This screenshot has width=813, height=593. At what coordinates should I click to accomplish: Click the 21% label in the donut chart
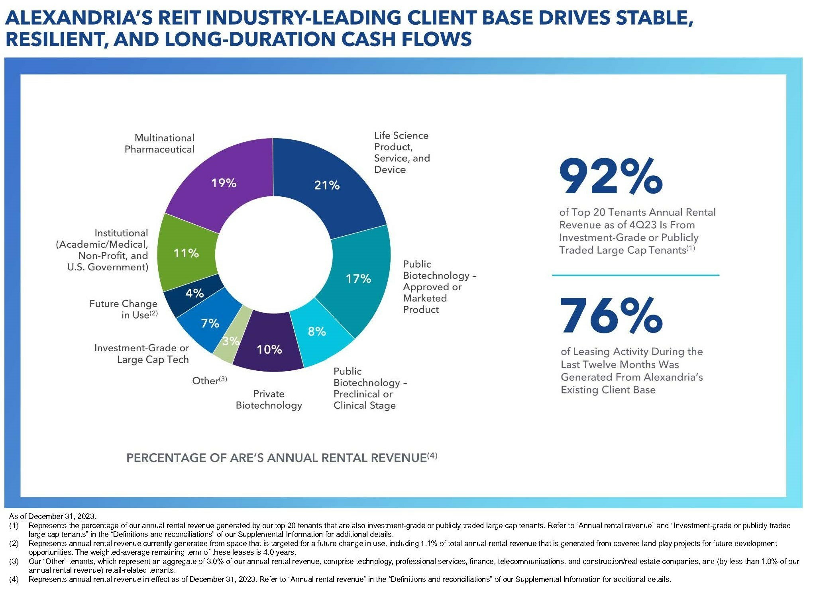(x=327, y=185)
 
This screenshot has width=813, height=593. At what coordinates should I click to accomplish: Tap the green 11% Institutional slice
(x=186, y=253)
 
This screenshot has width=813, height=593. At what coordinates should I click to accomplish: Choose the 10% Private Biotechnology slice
(x=269, y=349)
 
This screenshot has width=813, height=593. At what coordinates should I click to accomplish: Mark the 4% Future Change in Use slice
(x=194, y=294)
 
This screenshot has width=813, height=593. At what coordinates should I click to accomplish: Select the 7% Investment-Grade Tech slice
(x=210, y=323)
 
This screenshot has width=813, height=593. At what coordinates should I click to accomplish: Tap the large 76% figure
(x=611, y=316)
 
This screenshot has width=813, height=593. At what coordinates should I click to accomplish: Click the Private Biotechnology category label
(x=269, y=399)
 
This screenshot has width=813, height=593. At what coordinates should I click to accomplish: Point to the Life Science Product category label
(x=402, y=153)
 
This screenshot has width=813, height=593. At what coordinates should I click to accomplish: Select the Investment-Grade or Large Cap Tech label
(x=141, y=354)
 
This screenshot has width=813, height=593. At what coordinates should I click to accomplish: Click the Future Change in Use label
(x=124, y=309)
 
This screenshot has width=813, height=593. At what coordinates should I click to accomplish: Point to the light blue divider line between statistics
(x=635, y=275)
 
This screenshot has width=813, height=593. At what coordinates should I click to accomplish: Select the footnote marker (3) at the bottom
(x=14, y=561)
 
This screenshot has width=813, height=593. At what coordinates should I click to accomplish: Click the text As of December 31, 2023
(x=53, y=516)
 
